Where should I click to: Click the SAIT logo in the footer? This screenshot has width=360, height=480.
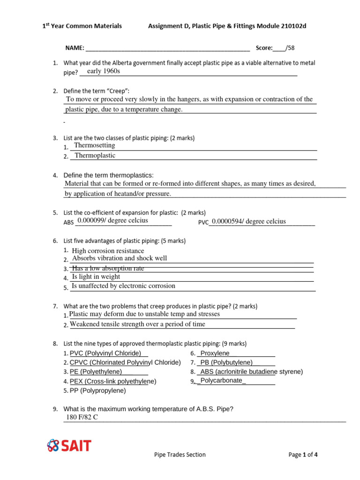click(x=69, y=445)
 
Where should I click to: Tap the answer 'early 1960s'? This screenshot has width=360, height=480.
click(x=104, y=71)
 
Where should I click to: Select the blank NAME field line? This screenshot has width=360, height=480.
click(x=167, y=48)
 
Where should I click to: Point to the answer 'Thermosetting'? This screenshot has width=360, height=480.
click(x=95, y=145)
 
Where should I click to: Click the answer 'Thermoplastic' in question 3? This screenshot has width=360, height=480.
click(x=95, y=155)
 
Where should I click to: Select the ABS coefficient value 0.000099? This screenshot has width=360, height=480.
click(x=112, y=220)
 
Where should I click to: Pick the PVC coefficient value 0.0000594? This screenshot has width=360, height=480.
click(x=248, y=221)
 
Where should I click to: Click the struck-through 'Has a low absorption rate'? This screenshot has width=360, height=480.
click(x=108, y=268)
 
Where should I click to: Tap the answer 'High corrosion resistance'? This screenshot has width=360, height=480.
click(x=108, y=251)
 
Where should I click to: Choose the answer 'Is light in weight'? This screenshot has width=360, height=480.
click(x=96, y=277)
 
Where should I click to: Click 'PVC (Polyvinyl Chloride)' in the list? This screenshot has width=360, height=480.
click(x=105, y=353)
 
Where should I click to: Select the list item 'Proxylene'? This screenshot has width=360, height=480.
click(x=215, y=353)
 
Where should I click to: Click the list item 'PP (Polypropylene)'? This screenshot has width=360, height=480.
click(x=97, y=390)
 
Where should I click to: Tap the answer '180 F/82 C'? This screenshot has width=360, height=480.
click(x=82, y=417)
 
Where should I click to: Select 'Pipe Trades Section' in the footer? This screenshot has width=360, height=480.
click(x=180, y=454)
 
